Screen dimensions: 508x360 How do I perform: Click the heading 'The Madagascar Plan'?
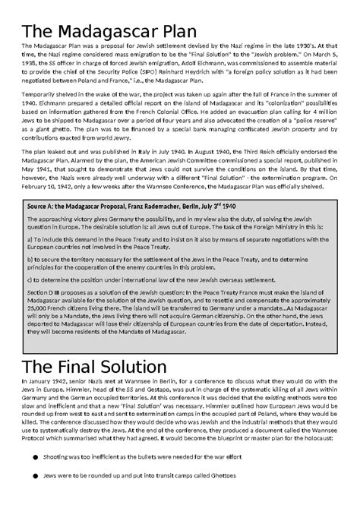(109, 33)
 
